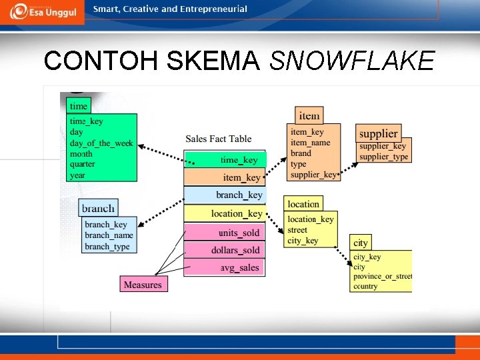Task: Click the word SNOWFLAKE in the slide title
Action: point(352,61)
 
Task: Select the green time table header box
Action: point(79,106)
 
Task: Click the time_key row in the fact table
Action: point(225,160)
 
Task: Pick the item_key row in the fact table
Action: point(225,177)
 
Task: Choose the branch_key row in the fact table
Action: point(225,195)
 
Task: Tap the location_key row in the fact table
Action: point(225,213)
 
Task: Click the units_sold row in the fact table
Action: point(225,232)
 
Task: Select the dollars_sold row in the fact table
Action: point(225,250)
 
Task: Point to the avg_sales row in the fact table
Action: point(225,267)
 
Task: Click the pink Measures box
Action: point(143,285)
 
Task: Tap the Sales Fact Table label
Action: point(219,139)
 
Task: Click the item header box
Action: point(309,115)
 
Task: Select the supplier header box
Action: point(379,133)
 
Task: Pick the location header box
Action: point(303,204)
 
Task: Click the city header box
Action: point(361,243)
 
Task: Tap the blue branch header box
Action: point(98,209)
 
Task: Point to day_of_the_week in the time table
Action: point(101,143)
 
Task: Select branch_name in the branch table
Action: point(109,235)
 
